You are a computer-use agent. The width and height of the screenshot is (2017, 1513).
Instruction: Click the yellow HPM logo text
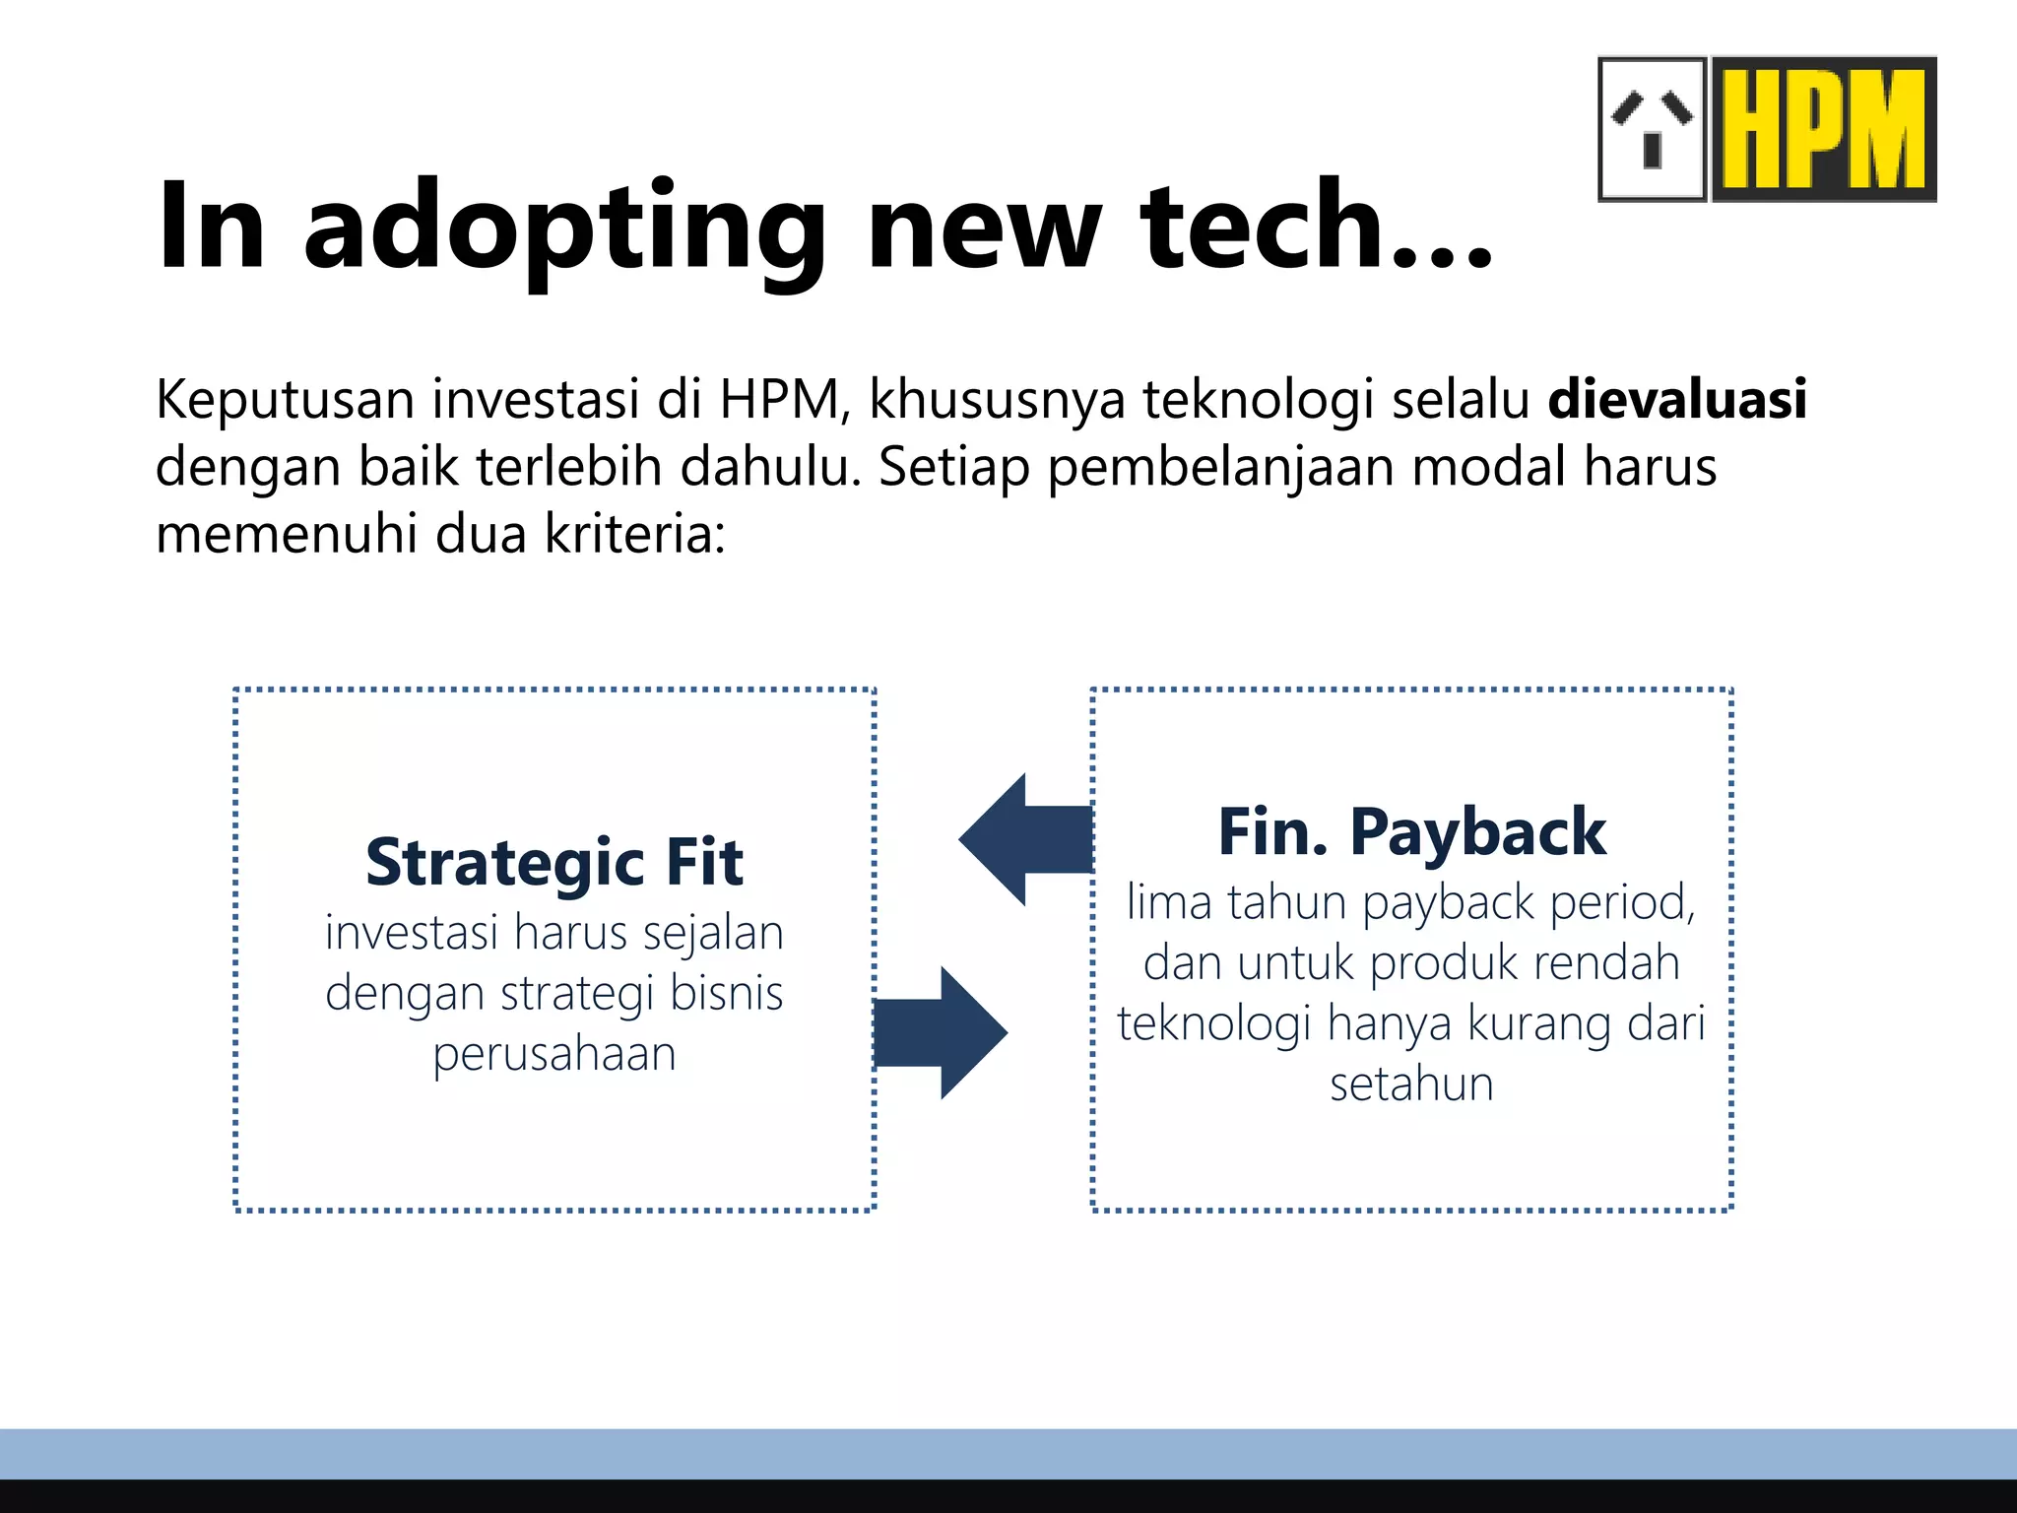[1824, 129]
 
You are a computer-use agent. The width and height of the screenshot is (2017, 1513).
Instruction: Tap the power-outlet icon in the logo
[1653, 129]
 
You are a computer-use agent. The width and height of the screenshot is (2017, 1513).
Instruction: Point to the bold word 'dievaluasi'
[1677, 399]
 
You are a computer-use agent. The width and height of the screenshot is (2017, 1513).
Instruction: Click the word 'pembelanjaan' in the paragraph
[1219, 468]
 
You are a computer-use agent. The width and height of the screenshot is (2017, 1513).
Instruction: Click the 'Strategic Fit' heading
[554, 863]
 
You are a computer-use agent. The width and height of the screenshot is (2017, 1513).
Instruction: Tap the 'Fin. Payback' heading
[1411, 832]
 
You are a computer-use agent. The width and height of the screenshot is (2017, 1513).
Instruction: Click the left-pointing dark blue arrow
[1024, 839]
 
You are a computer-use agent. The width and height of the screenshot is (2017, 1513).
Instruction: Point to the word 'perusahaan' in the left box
[554, 1055]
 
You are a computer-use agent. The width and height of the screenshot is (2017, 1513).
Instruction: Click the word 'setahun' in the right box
[1411, 1084]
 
